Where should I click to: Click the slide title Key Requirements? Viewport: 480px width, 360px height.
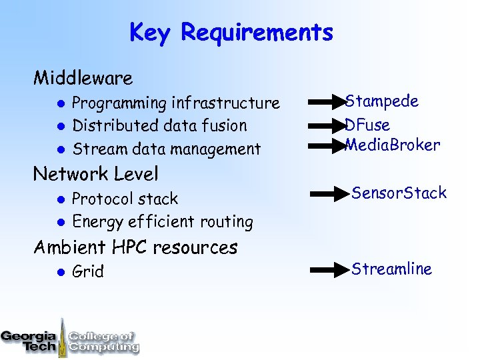coord(231,33)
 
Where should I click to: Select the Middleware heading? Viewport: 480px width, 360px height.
coord(83,79)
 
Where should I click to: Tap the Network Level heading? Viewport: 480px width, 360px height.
coord(96,175)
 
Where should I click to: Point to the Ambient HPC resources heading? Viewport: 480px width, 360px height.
coord(135,247)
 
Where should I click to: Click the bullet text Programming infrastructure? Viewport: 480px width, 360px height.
coord(175,103)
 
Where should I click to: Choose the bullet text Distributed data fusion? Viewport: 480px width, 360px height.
coord(159,126)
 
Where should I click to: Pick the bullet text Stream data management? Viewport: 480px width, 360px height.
coord(166,149)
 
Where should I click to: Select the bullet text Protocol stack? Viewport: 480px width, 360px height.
coord(125,199)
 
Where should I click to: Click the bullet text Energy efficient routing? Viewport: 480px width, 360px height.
coord(162,221)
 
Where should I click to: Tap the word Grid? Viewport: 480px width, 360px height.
coord(88,272)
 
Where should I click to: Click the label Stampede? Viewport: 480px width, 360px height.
coord(383,102)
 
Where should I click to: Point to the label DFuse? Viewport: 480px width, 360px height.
coord(368,125)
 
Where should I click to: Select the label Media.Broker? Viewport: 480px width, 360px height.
coord(393,145)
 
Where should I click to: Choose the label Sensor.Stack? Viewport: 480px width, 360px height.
coord(399,193)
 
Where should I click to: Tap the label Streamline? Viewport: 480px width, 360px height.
coord(391,269)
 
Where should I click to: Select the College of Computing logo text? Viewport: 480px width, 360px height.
coord(103,341)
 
